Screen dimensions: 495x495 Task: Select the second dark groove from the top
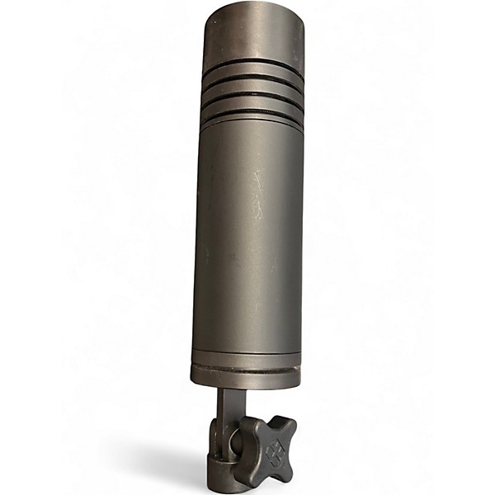click(x=252, y=80)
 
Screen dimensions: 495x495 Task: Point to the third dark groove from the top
click(x=252, y=95)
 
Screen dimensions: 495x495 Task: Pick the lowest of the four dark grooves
click(x=250, y=111)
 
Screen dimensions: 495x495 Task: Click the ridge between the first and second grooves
click(x=252, y=73)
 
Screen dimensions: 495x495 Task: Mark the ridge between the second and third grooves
click(x=252, y=87)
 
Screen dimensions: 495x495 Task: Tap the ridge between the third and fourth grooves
click(x=251, y=103)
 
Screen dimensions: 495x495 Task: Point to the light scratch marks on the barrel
click(x=258, y=194)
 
